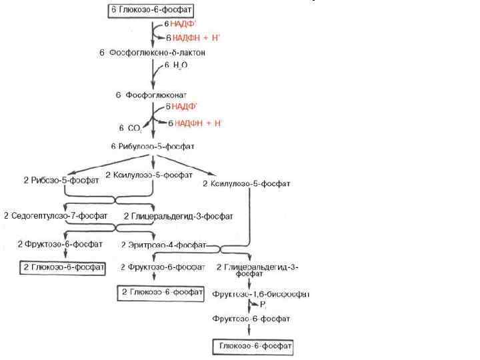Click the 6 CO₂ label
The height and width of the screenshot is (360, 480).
[131, 127]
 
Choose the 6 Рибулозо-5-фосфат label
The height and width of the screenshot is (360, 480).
[153, 145]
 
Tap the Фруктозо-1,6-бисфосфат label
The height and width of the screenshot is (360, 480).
[260, 294]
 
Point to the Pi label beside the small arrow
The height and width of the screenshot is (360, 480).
[262, 305]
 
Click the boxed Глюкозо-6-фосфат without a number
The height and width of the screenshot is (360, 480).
[253, 346]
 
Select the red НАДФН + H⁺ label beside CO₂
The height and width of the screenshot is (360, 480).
[199, 123]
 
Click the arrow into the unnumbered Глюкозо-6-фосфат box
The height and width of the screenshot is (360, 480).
[248, 331]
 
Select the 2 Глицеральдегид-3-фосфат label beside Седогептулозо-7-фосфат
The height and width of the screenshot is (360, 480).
[179, 216]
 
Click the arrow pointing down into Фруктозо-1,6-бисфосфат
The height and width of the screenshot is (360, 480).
[248, 282]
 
